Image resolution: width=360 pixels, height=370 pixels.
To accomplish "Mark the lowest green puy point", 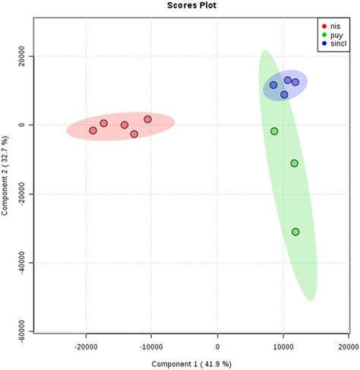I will pyautogui.click(x=295, y=232).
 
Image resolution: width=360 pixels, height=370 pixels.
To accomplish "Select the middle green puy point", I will pyautogui.click(x=294, y=163).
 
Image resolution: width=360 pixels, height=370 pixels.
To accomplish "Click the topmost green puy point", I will pyautogui.click(x=274, y=131).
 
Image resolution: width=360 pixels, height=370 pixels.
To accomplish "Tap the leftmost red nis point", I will pyautogui.click(x=93, y=131).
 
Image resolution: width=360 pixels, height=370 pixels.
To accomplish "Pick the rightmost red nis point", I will pyautogui.click(x=148, y=119).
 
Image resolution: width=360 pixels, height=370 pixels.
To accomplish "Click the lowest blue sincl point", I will pyautogui.click(x=284, y=95).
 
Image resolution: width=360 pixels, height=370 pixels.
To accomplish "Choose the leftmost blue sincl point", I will pyautogui.click(x=273, y=85).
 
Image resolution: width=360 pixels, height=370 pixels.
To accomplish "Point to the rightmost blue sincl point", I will pyautogui.click(x=295, y=82).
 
